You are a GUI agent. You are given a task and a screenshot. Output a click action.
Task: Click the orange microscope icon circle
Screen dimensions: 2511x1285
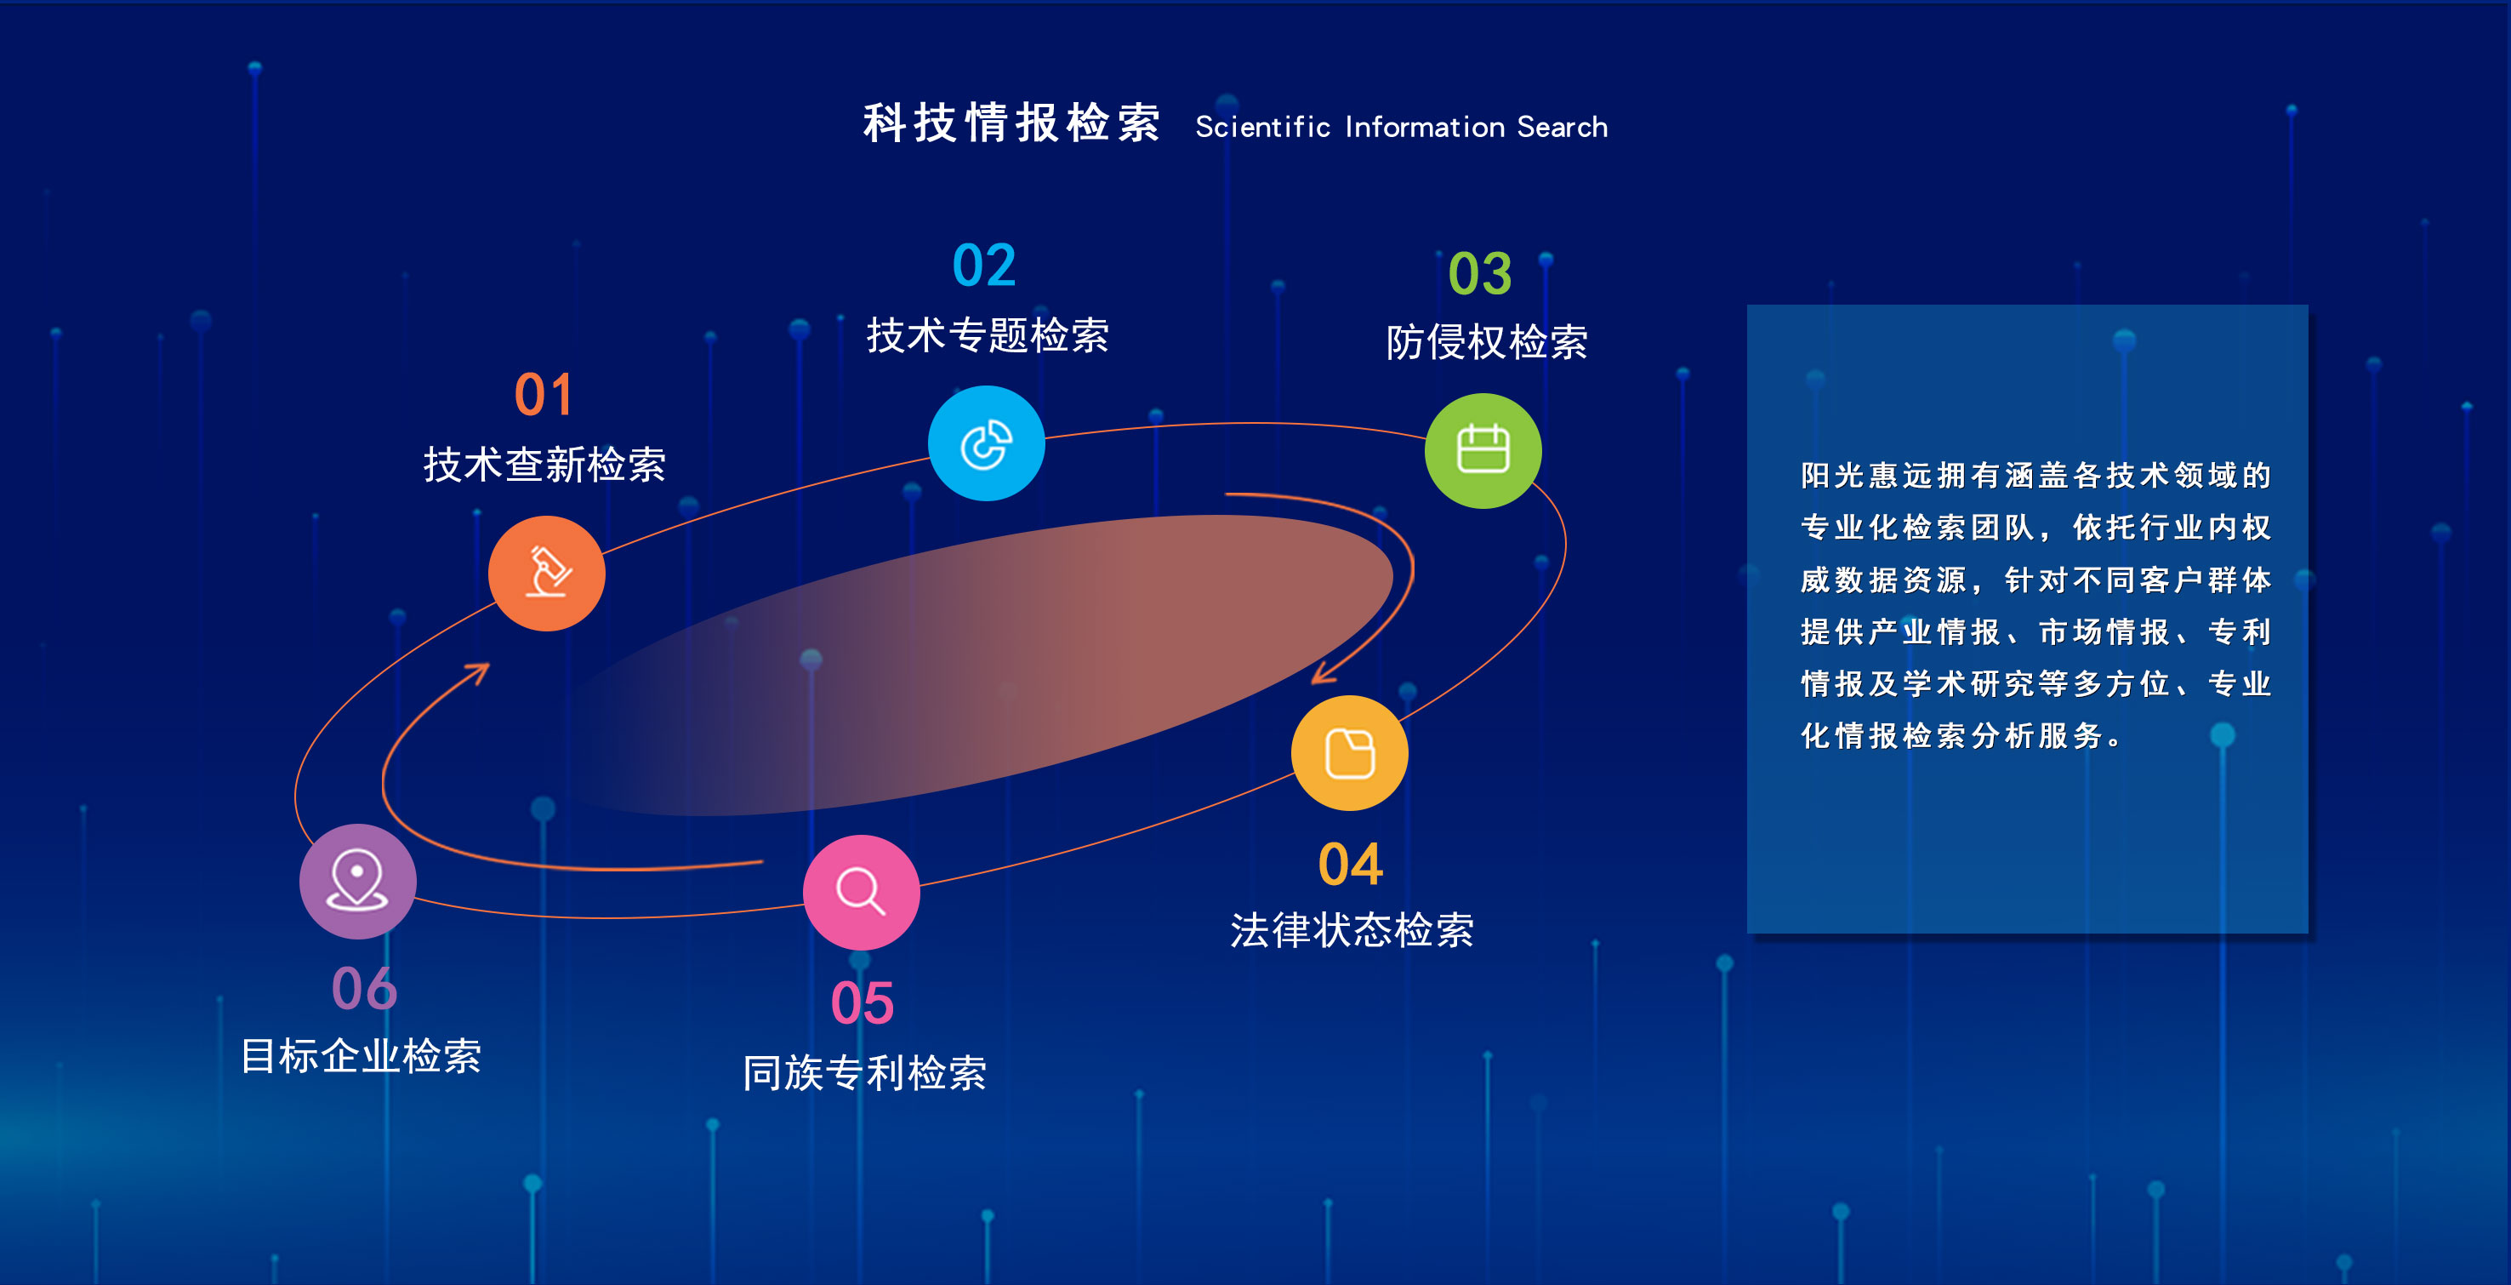[x=547, y=574]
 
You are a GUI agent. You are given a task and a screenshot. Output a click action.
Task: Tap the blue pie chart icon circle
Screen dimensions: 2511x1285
[x=987, y=443]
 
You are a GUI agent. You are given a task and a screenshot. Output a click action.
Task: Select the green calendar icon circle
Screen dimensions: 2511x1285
[x=1483, y=450]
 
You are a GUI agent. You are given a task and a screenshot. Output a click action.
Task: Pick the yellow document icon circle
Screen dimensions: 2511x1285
[x=1350, y=752]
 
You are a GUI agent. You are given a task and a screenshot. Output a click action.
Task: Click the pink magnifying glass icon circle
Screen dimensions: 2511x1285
[x=862, y=892]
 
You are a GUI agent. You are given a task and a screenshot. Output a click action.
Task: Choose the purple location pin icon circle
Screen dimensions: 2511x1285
[x=358, y=882]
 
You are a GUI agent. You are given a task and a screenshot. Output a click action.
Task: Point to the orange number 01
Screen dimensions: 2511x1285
[x=544, y=395]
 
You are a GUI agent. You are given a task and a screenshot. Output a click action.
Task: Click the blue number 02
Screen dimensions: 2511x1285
[x=984, y=266]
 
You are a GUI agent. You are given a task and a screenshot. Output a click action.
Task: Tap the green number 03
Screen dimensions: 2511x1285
[x=1480, y=273]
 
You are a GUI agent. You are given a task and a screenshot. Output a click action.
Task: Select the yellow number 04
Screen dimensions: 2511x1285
[x=1350, y=865]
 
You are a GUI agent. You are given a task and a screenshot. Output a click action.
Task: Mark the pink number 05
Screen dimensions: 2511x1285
[x=863, y=1003]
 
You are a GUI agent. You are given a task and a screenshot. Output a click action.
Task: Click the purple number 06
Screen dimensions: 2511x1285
[x=365, y=989]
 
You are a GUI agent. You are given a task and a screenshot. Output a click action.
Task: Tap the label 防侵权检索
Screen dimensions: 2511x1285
[x=1487, y=342]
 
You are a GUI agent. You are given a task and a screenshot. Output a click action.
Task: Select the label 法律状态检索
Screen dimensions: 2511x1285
[x=1352, y=930]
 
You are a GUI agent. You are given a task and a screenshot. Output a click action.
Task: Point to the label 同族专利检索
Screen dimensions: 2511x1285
[x=864, y=1072]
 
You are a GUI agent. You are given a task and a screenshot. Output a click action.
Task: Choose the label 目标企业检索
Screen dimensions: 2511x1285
[x=361, y=1056]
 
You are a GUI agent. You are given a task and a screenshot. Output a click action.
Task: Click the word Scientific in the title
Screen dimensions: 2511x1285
[x=1262, y=127]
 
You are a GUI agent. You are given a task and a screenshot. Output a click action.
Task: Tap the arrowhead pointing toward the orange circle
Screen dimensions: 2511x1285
[x=479, y=674]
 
